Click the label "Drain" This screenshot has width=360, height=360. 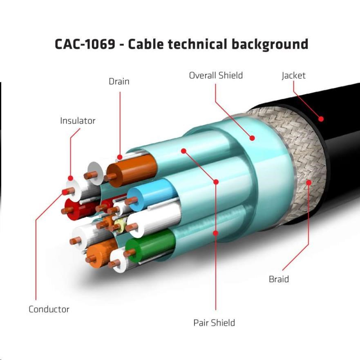(119, 81)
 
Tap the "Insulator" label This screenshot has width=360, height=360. (78, 121)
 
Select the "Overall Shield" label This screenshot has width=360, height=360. (216, 75)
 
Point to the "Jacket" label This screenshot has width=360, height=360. (293, 75)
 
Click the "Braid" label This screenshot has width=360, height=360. (279, 279)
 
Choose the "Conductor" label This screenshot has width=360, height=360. (49, 309)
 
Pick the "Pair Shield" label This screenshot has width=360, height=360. (214, 323)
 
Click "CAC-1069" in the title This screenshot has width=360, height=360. (85, 44)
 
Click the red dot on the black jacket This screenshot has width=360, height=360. (321, 119)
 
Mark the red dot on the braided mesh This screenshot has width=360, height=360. (309, 182)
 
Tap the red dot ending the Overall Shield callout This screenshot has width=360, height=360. (253, 138)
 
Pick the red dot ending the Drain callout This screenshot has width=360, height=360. (120, 157)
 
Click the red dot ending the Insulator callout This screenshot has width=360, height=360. (70, 178)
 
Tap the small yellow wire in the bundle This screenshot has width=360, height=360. (119, 224)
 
